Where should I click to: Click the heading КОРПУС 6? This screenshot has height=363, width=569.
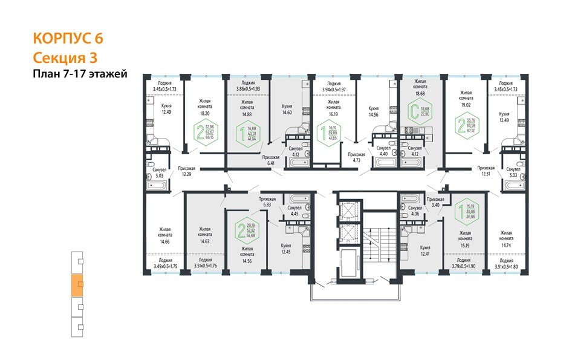coord(68,38)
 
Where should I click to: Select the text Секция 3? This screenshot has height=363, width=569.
coord(65,57)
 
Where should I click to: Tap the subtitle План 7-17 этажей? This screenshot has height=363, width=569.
coord(79,74)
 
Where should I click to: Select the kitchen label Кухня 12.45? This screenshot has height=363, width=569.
coord(287,249)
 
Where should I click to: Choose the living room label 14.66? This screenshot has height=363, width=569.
coord(164,237)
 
